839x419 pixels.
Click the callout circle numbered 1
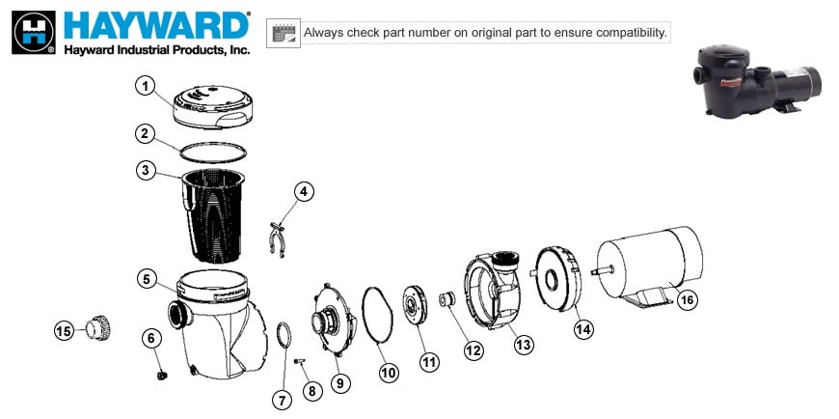pos(145,87)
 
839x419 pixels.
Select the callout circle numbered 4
pos(304,191)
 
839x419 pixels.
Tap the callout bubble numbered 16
pos(687,299)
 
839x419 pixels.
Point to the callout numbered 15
pos(64,331)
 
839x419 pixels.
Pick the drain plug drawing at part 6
pos(161,369)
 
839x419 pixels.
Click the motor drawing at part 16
pos(646,265)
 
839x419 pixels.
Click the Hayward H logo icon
pos(32,32)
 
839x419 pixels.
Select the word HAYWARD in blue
pos(154,25)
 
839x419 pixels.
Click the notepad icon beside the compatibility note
pos(283,32)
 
